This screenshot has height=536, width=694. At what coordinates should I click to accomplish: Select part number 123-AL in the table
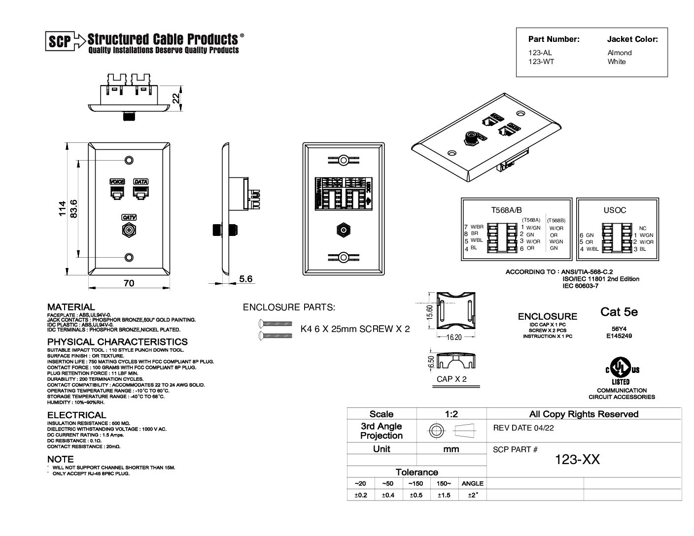(x=540, y=53)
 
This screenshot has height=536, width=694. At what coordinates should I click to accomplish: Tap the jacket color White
(x=617, y=62)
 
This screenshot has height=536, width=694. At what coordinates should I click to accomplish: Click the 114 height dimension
(x=62, y=209)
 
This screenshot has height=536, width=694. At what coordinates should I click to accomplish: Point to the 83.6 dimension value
(x=74, y=209)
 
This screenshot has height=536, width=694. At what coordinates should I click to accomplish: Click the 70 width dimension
(x=129, y=283)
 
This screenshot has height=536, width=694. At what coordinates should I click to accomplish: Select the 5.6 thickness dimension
(x=245, y=279)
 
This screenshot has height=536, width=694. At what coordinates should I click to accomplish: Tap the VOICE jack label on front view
(x=117, y=182)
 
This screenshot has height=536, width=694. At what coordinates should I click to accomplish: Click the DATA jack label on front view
(x=141, y=182)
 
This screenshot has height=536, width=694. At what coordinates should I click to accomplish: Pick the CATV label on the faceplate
(x=129, y=217)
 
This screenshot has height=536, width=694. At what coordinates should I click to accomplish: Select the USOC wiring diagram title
(x=615, y=210)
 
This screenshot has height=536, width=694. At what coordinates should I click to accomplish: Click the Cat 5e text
(x=619, y=312)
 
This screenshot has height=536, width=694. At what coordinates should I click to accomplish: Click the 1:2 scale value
(x=451, y=414)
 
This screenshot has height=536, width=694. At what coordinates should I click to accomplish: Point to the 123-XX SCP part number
(x=577, y=459)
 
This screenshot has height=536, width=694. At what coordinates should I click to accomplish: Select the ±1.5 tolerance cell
(x=444, y=495)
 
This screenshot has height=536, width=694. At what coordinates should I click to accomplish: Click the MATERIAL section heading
(x=71, y=307)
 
